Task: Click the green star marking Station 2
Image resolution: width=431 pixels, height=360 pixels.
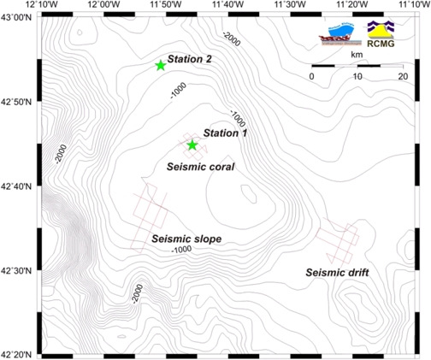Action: coord(160,66)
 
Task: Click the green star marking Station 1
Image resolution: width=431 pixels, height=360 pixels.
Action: coord(192,145)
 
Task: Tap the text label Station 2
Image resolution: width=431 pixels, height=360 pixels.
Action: coord(190,60)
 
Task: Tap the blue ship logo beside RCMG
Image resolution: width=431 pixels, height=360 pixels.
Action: coord(337,32)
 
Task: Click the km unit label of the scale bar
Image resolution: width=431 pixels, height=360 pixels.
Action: coord(357,53)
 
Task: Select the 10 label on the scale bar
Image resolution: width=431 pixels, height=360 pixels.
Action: coord(357,77)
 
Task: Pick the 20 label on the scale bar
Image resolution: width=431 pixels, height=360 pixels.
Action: coord(403,77)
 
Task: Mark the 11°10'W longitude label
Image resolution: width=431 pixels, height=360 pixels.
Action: coord(414,6)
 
